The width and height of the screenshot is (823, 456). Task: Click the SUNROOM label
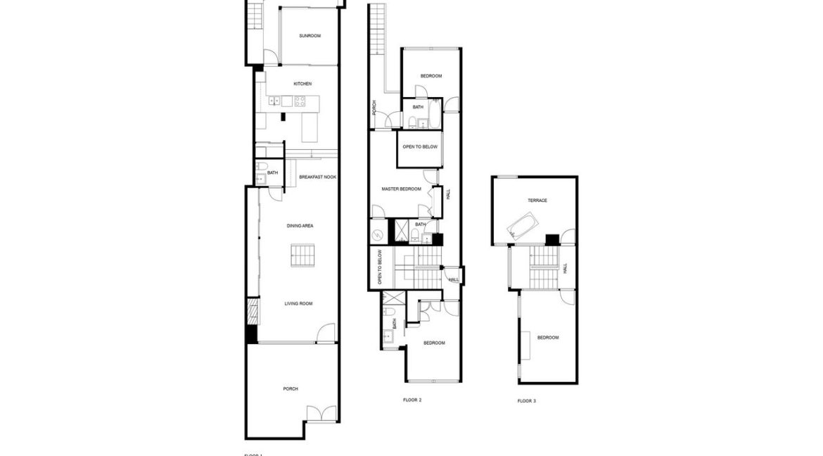[x=310, y=36]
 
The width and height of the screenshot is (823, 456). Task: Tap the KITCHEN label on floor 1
[x=302, y=84]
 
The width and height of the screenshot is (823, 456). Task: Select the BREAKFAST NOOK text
[x=317, y=177]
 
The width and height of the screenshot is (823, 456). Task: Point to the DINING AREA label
[x=300, y=226]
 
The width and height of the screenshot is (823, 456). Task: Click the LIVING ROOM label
[x=298, y=304]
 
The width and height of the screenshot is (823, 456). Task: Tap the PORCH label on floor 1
[x=291, y=388]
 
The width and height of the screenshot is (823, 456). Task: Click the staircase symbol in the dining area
[x=302, y=255]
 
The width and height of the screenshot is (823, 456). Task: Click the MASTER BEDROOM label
[x=401, y=189]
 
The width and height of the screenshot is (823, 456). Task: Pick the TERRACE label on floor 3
[x=537, y=201]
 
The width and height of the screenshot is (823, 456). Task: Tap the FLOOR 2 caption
[x=412, y=400]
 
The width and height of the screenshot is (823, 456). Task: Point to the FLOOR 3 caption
[x=526, y=401]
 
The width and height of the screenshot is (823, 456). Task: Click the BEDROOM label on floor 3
[x=548, y=338]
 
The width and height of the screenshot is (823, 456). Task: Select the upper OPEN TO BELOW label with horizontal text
[x=420, y=147]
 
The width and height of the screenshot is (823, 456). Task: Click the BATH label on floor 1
[x=272, y=172]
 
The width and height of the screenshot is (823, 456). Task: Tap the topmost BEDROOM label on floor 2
[x=431, y=76]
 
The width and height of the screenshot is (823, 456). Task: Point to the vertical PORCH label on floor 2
[x=374, y=107]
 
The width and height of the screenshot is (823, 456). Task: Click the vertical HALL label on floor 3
[x=565, y=268]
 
